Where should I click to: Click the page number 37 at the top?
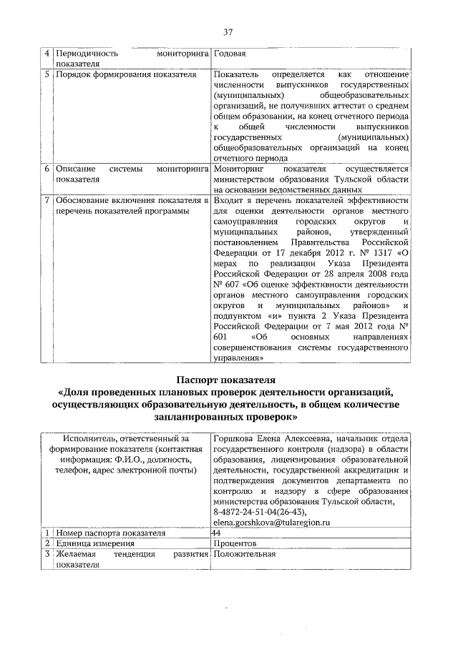[228, 32]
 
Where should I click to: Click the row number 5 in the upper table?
[47, 74]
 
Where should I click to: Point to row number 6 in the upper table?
[47, 169]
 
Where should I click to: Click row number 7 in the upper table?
[47, 201]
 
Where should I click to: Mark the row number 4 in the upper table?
[47, 54]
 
